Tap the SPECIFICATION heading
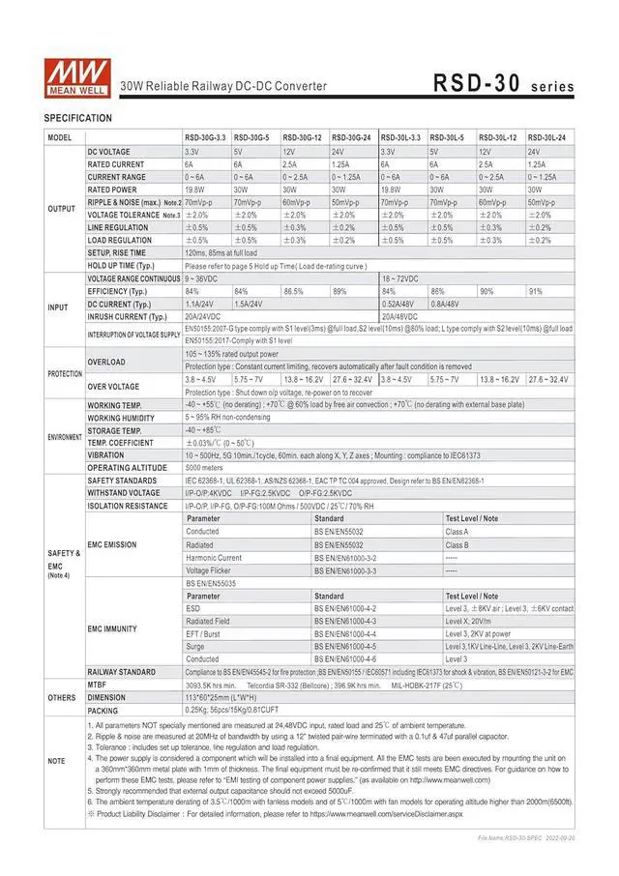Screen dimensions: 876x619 click(x=78, y=118)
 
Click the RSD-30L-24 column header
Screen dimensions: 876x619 click(x=547, y=139)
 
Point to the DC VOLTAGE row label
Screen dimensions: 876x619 click(x=109, y=152)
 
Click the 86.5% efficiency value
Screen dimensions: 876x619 click(x=294, y=291)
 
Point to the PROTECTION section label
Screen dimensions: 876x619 click(x=64, y=373)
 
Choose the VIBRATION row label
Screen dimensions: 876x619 click(x=106, y=454)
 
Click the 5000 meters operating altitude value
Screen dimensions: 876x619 click(x=205, y=467)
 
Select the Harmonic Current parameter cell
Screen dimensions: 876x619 click(x=215, y=557)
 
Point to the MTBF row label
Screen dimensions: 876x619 click(x=99, y=684)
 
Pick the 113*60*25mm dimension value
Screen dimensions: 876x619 click(x=222, y=696)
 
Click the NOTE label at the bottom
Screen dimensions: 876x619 click(x=58, y=761)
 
